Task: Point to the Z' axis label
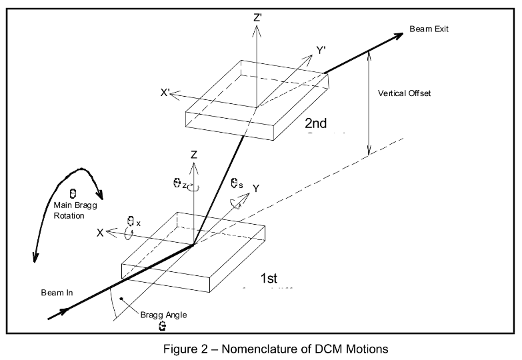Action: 257,19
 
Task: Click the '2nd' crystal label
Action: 319,124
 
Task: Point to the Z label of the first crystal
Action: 193,155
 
